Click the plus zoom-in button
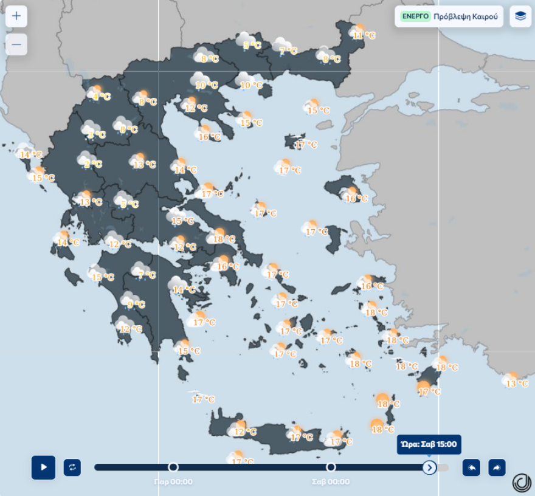pos(16,16)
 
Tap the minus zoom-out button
pos(16,44)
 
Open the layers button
pos(520,16)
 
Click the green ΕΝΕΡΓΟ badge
pos(415,16)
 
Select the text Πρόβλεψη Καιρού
pos(466,16)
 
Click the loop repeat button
pos(72,467)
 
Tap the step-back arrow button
pos(471,467)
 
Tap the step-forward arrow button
pos(497,467)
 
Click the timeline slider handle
pos(429,467)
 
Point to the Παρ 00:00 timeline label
pos(173,482)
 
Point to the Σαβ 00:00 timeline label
pos(331,482)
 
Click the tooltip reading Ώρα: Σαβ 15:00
pos(429,444)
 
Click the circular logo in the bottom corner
pos(522,482)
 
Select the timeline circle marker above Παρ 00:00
pos(173,467)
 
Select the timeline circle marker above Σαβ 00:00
pos(331,467)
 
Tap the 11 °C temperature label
pos(364,36)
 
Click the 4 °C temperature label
pos(102,97)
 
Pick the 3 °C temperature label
pos(97,135)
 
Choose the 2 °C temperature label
pos(93,164)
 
